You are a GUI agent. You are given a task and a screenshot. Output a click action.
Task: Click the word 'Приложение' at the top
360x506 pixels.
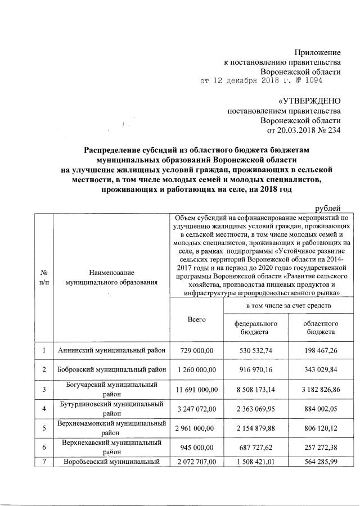[x=319, y=52]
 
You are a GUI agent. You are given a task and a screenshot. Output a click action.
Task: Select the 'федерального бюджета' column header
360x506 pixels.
[x=255, y=328]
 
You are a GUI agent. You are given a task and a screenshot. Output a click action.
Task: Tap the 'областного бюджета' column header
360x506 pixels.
[x=320, y=328]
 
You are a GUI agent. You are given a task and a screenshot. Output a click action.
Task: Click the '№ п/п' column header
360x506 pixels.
[x=43, y=277]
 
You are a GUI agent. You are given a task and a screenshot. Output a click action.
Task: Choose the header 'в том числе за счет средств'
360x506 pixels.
[x=287, y=305]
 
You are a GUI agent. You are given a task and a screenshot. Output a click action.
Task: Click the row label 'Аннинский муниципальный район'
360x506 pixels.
[x=112, y=351]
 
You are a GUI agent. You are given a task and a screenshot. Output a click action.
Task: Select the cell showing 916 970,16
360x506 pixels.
[x=255, y=371]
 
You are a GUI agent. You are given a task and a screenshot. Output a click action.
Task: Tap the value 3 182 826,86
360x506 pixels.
[x=320, y=390]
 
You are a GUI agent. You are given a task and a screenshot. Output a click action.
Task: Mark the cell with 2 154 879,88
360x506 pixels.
[x=255, y=428]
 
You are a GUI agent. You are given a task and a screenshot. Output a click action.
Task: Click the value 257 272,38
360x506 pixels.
[x=320, y=448]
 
